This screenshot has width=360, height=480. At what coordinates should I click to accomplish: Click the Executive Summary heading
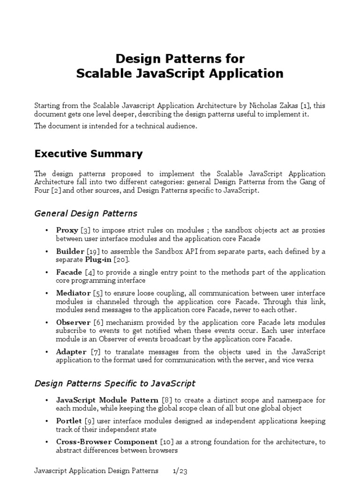point(89,154)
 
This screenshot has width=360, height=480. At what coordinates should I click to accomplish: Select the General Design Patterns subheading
point(86,213)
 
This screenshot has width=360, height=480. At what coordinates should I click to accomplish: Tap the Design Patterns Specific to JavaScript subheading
point(115,383)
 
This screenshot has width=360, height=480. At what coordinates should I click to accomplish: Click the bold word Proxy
point(67,230)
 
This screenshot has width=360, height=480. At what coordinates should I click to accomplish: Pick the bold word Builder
point(70,251)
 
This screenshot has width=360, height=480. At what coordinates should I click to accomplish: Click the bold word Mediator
point(73,293)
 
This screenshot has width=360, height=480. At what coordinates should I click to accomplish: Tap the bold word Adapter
point(71,352)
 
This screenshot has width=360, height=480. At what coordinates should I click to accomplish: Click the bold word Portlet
point(69,420)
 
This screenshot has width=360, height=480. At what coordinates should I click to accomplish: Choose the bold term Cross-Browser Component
point(106,442)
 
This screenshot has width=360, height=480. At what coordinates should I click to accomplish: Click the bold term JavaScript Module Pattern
point(107,400)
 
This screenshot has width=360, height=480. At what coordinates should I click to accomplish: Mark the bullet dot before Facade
point(46,272)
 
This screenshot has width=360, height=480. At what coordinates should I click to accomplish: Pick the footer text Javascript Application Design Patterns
point(97,470)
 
